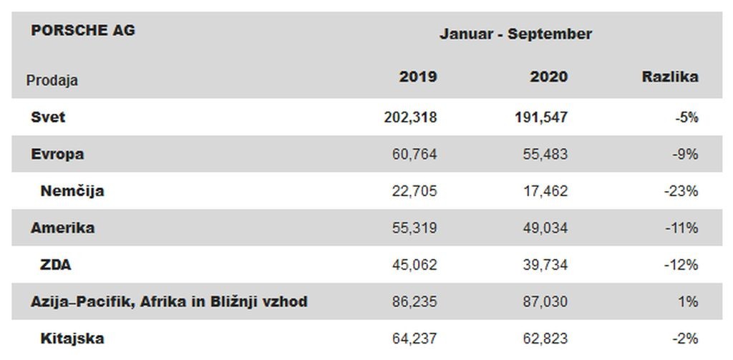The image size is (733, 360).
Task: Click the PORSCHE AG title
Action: click(83, 30)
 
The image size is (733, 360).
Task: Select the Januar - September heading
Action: click(515, 34)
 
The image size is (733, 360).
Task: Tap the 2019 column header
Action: click(418, 77)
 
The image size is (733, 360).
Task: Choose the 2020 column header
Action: click(549, 77)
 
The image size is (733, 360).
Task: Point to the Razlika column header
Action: click(670, 77)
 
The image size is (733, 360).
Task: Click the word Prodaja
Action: click(52, 80)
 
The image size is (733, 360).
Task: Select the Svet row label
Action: click(48, 117)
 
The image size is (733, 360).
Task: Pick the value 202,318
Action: click(410, 117)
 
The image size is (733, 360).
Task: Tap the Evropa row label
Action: click(57, 155)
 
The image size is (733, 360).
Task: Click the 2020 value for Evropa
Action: click(545, 155)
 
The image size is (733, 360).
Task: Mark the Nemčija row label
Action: click(72, 191)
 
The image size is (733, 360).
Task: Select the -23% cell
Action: click(681, 191)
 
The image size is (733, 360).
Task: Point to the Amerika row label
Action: click(63, 228)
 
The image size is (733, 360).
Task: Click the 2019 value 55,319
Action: click(414, 228)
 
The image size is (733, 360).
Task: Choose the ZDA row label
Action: click(56, 265)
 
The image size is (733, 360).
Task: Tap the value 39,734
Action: click(545, 265)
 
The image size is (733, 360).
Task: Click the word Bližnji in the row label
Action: click(224, 302)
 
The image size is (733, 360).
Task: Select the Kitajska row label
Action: click(72, 339)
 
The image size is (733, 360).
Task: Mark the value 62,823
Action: click(545, 339)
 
